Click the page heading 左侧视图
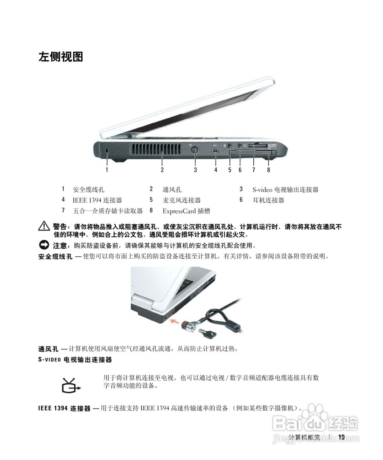tap(61, 57)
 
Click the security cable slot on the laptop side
tap(108, 152)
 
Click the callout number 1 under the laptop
tap(107, 170)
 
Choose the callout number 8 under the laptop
tap(268, 170)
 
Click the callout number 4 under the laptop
tap(216, 170)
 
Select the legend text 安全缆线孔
tap(88, 189)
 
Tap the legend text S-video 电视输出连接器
tap(285, 189)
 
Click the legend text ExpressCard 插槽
tap(186, 211)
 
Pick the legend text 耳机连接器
tap(268, 200)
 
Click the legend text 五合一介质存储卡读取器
tap(108, 211)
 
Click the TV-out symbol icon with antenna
tap(70, 386)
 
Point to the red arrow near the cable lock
tap(174, 321)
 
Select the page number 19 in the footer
tap(341, 437)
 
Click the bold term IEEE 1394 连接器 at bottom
tap(64, 409)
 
